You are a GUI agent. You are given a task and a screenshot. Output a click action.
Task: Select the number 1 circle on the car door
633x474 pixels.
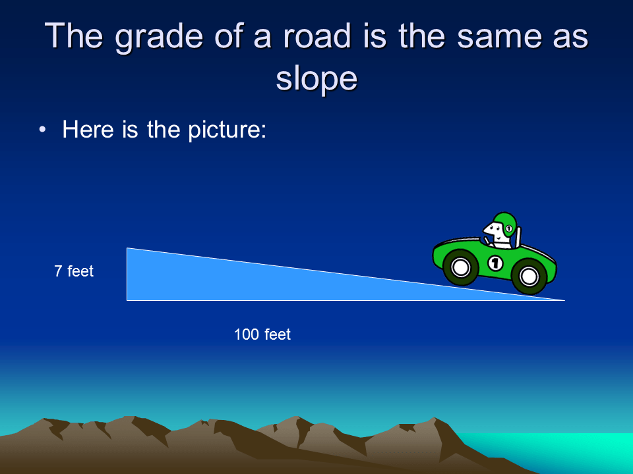(495, 263)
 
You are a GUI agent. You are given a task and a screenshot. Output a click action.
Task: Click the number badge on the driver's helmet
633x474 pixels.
(509, 228)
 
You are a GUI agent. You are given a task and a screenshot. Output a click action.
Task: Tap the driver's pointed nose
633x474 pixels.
(485, 232)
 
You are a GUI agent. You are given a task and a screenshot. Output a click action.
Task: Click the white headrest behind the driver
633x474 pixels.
(518, 236)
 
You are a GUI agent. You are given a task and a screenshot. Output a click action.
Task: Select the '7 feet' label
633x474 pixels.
(74, 271)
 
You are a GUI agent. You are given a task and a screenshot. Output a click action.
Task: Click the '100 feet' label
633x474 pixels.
(262, 334)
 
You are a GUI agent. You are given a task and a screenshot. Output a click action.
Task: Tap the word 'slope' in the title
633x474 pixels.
(316, 78)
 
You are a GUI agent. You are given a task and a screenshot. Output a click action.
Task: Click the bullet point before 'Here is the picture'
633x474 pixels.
(43, 130)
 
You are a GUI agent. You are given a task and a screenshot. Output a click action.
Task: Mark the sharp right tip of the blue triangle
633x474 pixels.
(564, 300)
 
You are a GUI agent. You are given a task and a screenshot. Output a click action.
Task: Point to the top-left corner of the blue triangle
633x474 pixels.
(127, 249)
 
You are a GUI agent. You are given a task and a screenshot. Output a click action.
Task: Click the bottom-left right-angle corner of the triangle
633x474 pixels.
(127, 300)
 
